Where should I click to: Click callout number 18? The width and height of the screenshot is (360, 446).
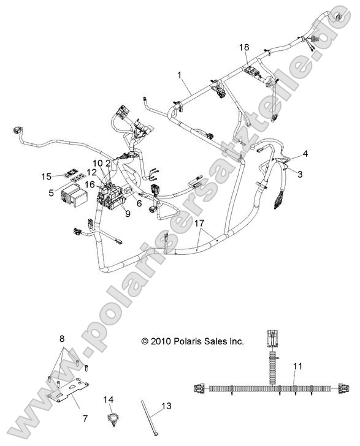tap(244, 47)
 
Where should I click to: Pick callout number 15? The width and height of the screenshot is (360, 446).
tap(47, 176)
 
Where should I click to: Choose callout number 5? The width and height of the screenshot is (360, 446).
tap(52, 193)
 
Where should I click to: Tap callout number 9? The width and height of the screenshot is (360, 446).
tap(128, 213)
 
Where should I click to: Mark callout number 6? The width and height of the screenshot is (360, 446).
tap(139, 203)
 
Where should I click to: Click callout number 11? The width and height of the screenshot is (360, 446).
tap(297, 366)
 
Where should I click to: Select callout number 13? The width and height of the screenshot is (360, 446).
tap(167, 406)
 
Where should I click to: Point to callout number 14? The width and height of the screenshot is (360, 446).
tap(109, 399)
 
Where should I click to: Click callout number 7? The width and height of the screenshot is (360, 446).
tap(85, 418)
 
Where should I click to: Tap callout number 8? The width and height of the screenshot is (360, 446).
tap(62, 339)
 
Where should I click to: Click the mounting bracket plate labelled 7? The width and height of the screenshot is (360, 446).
tap(68, 390)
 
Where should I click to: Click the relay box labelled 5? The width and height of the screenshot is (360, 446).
tap(74, 197)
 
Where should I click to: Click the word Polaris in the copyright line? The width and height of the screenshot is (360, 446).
tap(185, 341)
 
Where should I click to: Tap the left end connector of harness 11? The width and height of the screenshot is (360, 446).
tap(199, 389)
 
